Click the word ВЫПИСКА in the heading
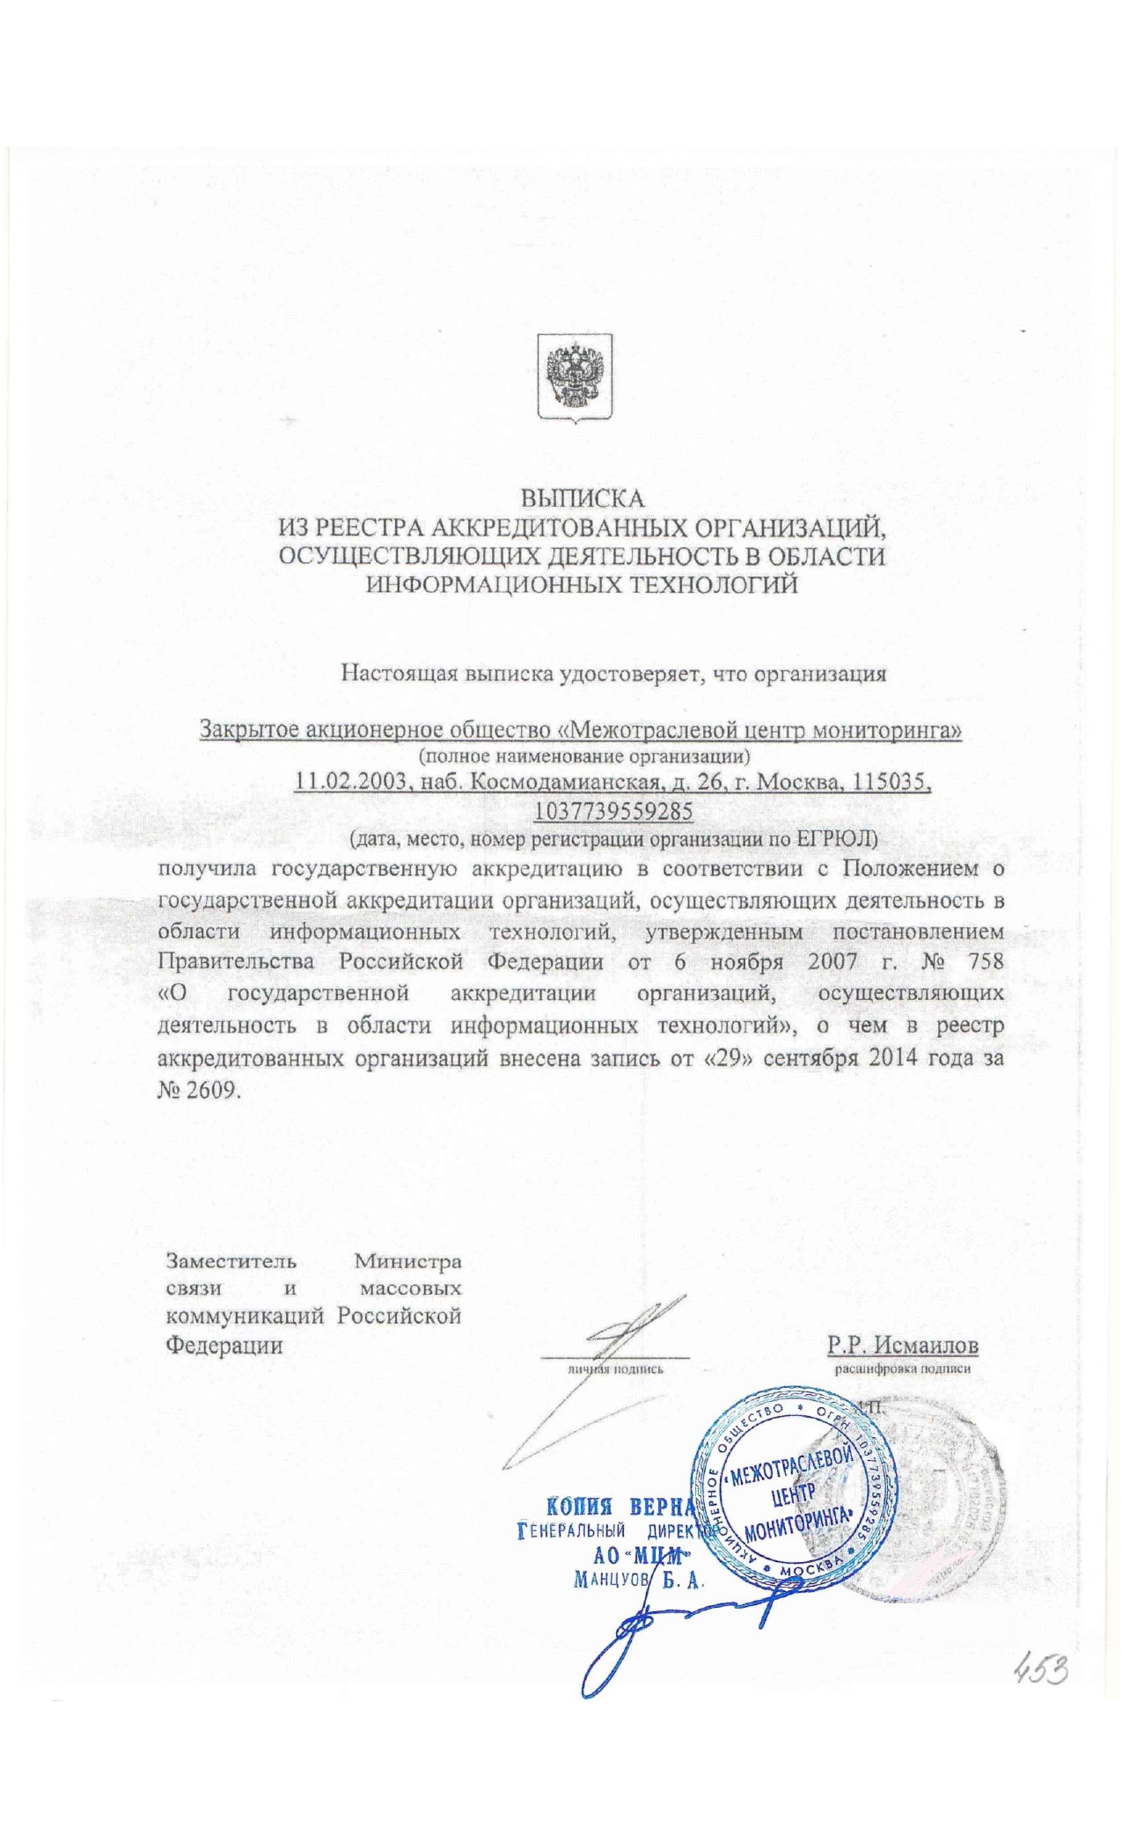(x=583, y=499)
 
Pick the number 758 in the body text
(x=985, y=960)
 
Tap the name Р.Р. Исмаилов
(x=902, y=1345)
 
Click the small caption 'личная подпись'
(x=615, y=1369)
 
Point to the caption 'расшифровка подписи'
(x=902, y=1369)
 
